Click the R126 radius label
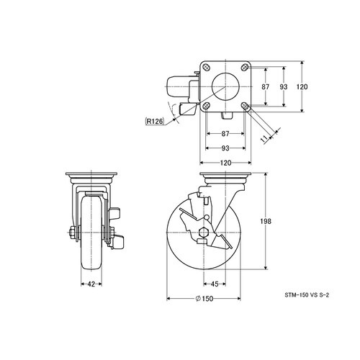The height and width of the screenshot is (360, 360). (x=155, y=121)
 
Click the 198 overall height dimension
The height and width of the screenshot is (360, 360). (x=266, y=221)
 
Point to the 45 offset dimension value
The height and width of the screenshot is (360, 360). (x=215, y=284)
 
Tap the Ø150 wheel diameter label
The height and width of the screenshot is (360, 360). (x=204, y=299)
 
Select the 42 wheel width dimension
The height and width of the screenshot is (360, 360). (x=91, y=284)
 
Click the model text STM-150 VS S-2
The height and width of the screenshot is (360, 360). (x=307, y=295)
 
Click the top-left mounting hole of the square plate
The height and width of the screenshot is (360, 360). (x=206, y=67)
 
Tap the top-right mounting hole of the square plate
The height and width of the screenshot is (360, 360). (x=245, y=67)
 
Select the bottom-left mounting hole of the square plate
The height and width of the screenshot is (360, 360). (x=206, y=106)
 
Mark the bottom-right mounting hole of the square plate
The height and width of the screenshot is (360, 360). (x=245, y=106)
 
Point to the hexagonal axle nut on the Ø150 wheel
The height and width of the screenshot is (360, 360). (x=204, y=233)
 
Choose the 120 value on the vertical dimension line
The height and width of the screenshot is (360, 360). (x=302, y=86)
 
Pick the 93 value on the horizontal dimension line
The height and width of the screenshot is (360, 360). (x=225, y=148)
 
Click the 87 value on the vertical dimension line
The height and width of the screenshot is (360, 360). (x=266, y=86)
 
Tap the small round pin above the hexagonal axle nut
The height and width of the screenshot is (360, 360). (x=206, y=217)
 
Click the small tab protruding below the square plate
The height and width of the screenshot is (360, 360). (x=226, y=115)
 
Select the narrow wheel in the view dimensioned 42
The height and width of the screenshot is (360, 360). (x=91, y=233)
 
